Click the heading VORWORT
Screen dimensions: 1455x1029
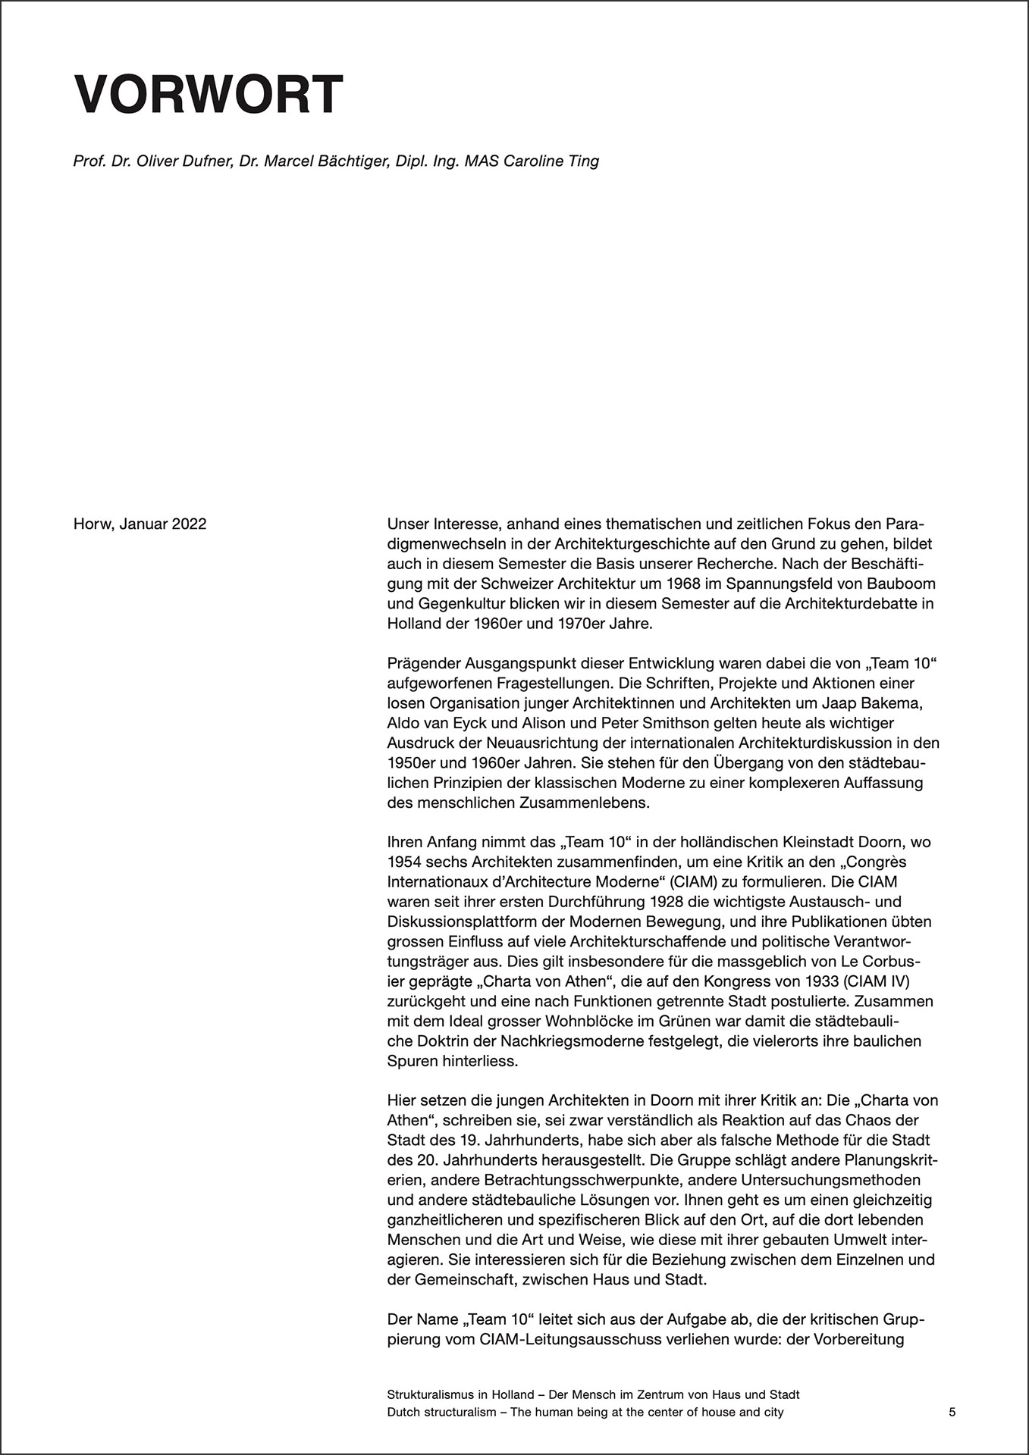(x=209, y=95)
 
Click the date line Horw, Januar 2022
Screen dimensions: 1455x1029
(x=140, y=524)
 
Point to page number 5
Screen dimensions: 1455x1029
(x=952, y=1413)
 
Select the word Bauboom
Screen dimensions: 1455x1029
(x=904, y=584)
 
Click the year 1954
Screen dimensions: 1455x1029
(x=403, y=862)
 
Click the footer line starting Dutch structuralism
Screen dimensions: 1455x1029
(x=585, y=1413)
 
